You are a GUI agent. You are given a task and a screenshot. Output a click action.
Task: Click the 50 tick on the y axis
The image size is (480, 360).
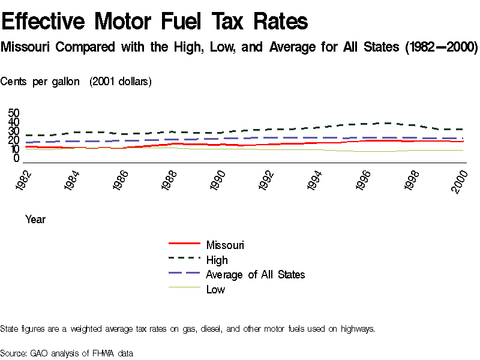pos(14,113)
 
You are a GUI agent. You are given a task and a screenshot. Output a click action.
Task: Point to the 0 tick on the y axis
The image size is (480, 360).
pos(17,158)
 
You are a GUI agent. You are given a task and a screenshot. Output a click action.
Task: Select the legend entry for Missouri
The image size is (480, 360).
pos(225,245)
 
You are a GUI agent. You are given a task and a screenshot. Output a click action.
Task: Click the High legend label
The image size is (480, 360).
pos(217,260)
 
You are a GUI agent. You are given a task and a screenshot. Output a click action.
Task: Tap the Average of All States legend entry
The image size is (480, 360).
pos(255,275)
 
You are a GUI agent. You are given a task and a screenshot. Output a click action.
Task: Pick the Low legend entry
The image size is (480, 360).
pos(215,290)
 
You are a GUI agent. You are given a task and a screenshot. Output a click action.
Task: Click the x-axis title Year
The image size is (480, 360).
pos(35,220)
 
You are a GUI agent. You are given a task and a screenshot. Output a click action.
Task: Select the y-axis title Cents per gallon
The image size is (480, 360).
pos(40,82)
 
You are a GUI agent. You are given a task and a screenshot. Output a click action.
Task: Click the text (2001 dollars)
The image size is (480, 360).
pos(120,82)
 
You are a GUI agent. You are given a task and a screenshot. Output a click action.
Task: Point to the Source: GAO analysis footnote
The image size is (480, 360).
pos(67,353)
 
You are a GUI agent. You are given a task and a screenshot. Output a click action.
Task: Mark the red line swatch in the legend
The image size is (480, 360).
pos(184,244)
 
